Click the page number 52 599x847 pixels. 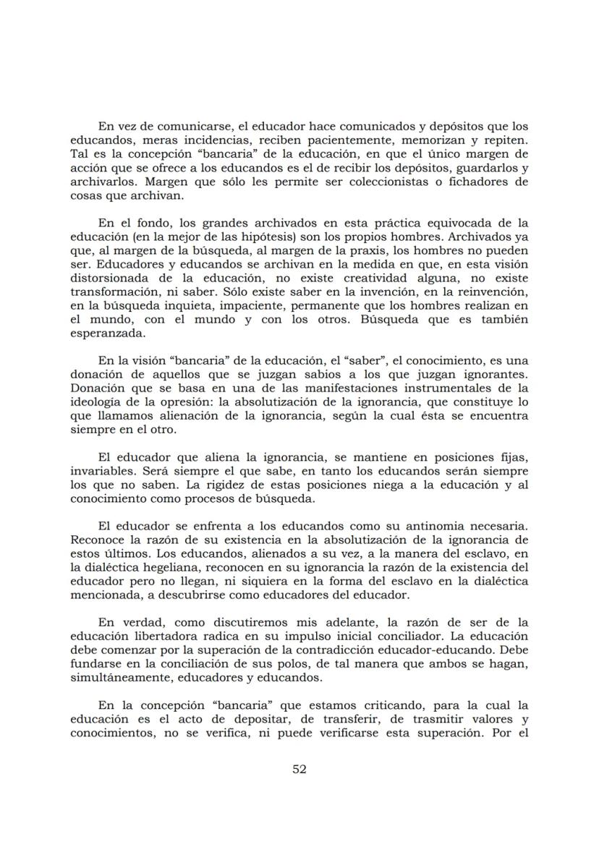[299, 769]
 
